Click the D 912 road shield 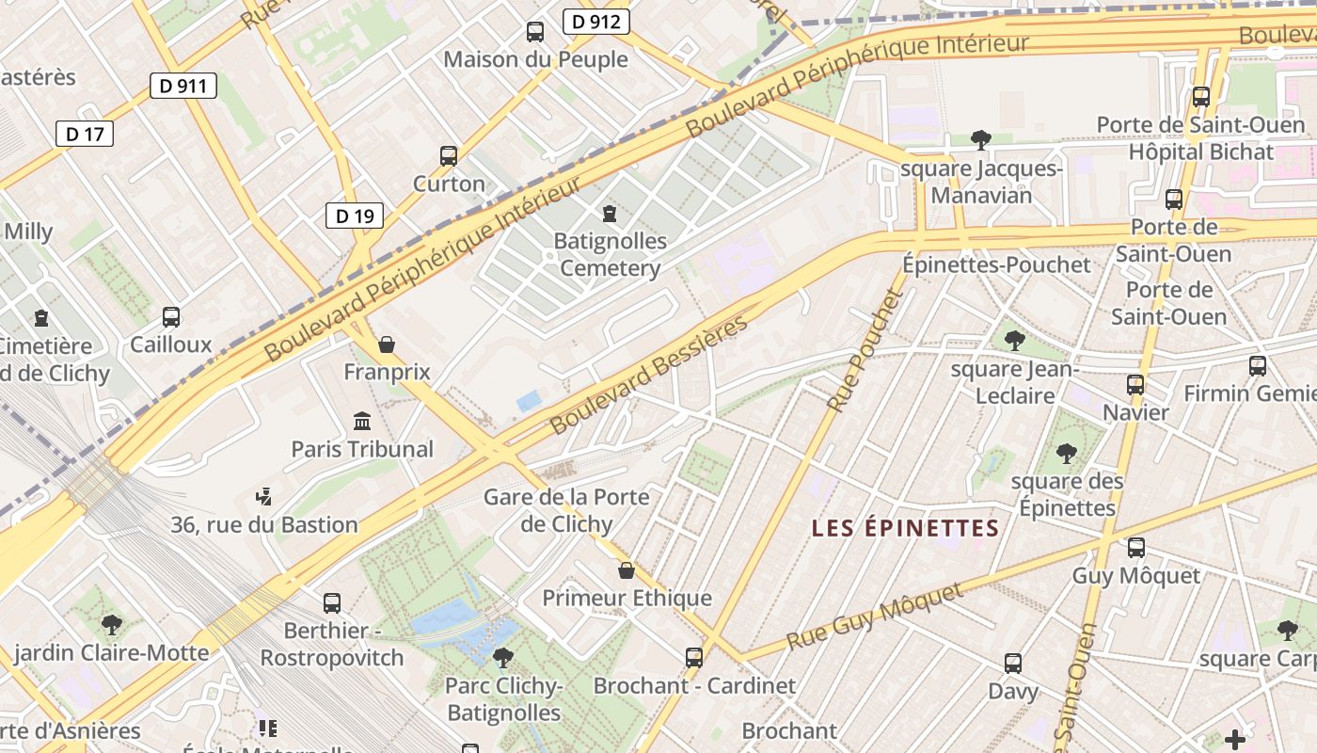click(x=596, y=22)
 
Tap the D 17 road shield click(x=85, y=134)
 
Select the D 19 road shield click(x=355, y=216)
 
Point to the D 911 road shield click(x=183, y=87)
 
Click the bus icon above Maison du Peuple click(x=535, y=32)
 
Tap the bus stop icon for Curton click(x=449, y=156)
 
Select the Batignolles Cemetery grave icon click(x=610, y=214)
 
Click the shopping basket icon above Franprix click(x=386, y=345)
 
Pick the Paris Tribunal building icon click(x=362, y=421)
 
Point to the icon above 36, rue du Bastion click(x=264, y=496)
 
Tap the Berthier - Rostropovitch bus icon click(x=332, y=603)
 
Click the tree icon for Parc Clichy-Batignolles click(x=503, y=658)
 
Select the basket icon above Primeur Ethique click(x=627, y=570)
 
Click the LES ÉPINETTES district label click(x=905, y=528)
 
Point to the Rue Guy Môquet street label click(x=875, y=617)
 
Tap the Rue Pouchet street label click(x=865, y=350)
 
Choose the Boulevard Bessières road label click(x=649, y=375)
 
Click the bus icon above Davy click(x=1013, y=664)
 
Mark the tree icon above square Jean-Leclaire click(x=1014, y=341)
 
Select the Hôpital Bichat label click(x=1200, y=152)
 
